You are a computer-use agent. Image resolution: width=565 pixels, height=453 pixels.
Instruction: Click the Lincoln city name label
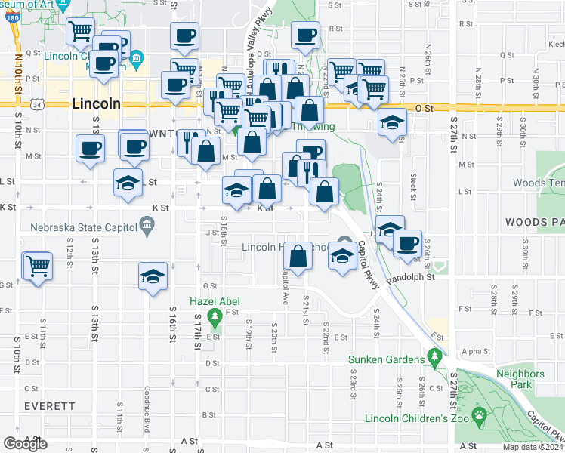pos(95,104)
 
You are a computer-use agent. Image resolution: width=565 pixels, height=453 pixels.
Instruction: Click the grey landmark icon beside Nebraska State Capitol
pos(147,224)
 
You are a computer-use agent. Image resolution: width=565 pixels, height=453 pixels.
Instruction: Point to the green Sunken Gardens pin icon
pos(434,356)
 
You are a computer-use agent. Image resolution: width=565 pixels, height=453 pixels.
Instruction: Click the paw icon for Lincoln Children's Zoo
pos(478,414)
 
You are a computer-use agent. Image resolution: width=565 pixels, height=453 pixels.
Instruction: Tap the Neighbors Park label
pos(520,379)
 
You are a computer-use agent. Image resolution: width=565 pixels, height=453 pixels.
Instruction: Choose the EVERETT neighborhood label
pos(49,405)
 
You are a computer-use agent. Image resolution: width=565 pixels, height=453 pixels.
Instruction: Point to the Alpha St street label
pos(476,351)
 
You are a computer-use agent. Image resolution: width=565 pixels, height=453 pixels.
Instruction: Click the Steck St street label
pos(414,183)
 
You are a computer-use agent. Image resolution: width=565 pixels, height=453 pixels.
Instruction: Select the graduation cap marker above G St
pos(153,276)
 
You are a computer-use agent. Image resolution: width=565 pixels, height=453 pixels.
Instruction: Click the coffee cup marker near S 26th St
pos(408,244)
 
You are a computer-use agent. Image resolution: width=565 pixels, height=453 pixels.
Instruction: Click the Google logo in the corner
pos(26,443)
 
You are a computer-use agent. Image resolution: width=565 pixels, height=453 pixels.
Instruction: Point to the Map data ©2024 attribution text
pos(533,448)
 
